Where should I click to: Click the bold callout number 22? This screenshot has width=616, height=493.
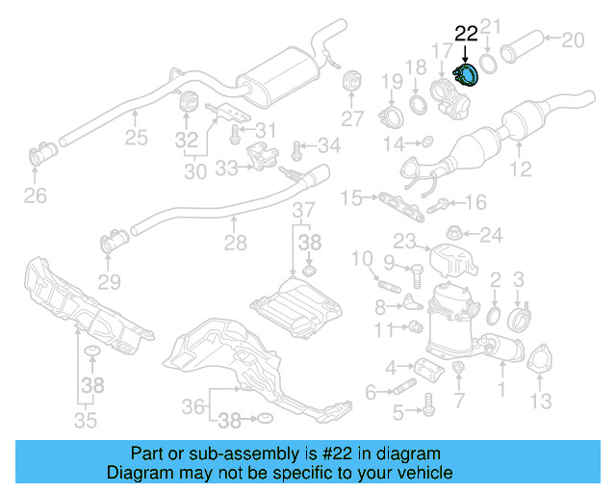[x=466, y=33]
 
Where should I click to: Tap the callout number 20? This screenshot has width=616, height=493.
[x=572, y=39]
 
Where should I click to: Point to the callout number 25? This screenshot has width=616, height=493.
[x=136, y=137]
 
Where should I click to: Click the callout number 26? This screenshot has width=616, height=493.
[x=35, y=197]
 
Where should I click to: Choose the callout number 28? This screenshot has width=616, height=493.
[x=236, y=245]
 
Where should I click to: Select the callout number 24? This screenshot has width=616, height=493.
[x=491, y=233]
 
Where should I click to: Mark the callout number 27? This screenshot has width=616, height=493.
[x=352, y=118]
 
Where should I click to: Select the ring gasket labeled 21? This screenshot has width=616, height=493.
[x=489, y=64]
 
